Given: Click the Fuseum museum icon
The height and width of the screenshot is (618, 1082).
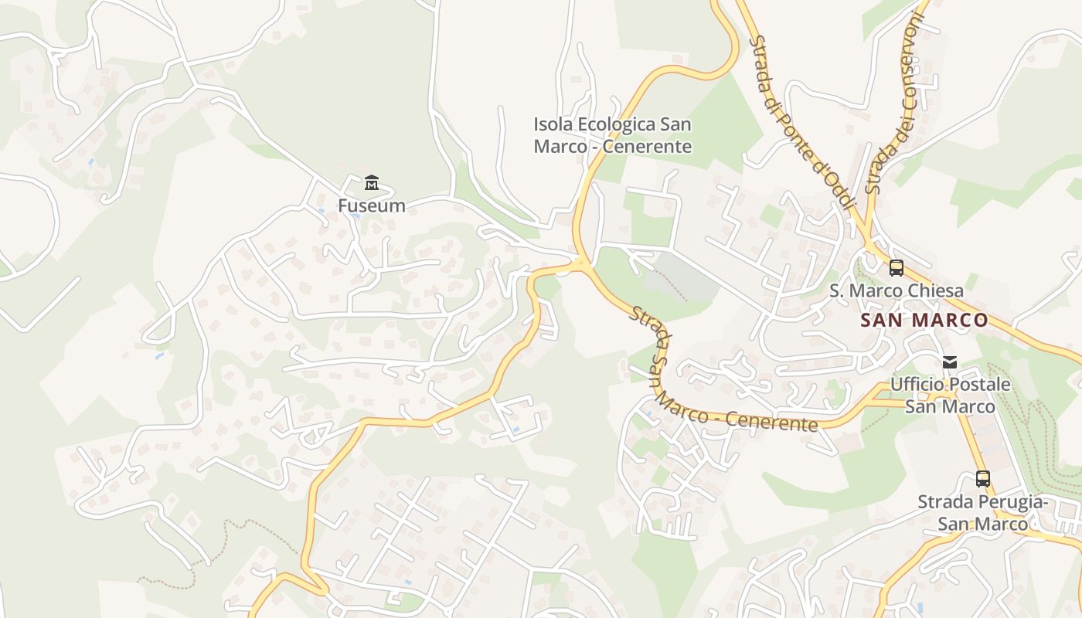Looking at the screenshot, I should click(372, 183).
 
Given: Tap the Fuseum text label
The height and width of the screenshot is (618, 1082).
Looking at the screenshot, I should click(372, 205).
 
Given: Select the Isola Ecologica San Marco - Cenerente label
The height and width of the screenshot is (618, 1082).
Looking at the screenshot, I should click(612, 135).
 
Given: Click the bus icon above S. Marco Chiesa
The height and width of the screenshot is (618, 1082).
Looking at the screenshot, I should click(897, 268).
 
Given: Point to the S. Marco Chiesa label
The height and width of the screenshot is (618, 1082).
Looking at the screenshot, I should click(897, 291).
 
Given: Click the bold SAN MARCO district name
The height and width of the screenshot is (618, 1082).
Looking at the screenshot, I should click(924, 320).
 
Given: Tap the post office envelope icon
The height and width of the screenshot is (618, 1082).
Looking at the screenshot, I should click(950, 362).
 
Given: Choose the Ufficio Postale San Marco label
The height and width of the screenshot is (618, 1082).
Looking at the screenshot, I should click(950, 396).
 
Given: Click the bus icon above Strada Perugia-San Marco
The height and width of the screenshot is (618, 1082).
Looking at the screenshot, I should click(982, 479).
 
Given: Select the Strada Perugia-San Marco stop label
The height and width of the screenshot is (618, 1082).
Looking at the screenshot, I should click(982, 513).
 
